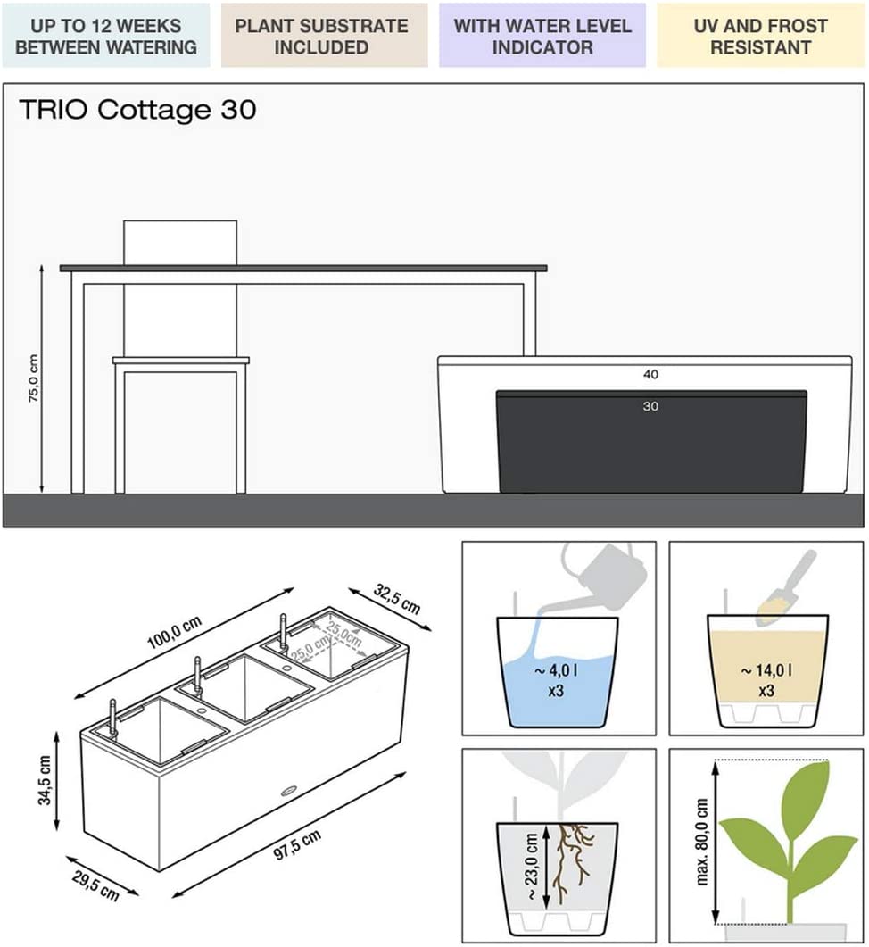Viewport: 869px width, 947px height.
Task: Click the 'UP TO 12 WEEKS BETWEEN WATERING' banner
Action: click(x=106, y=36)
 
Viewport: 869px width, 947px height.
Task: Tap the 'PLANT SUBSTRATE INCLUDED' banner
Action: click(x=324, y=36)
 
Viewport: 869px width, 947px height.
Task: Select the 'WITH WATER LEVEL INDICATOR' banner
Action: click(x=542, y=36)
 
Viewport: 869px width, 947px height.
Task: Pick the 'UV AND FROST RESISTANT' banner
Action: click(x=760, y=36)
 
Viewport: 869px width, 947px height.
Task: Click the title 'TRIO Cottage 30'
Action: click(x=137, y=110)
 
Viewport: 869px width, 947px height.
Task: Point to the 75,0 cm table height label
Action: click(x=33, y=378)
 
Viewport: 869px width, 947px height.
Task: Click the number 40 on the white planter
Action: click(x=650, y=375)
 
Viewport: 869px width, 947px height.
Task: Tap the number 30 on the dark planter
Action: click(x=650, y=406)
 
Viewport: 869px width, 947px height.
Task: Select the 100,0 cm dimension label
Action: click(x=175, y=632)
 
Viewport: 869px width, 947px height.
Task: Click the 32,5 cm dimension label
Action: click(x=396, y=599)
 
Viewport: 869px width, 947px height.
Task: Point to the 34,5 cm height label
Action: click(x=45, y=780)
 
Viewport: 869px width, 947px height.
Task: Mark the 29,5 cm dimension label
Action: click(x=95, y=885)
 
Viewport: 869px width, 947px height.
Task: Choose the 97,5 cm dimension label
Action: click(x=297, y=845)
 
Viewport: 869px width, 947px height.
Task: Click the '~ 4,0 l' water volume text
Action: click(x=556, y=669)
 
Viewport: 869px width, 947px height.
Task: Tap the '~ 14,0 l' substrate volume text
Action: click(x=766, y=669)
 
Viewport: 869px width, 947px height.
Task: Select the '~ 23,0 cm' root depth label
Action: click(x=532, y=867)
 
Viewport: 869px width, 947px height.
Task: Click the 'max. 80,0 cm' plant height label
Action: click(x=701, y=842)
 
